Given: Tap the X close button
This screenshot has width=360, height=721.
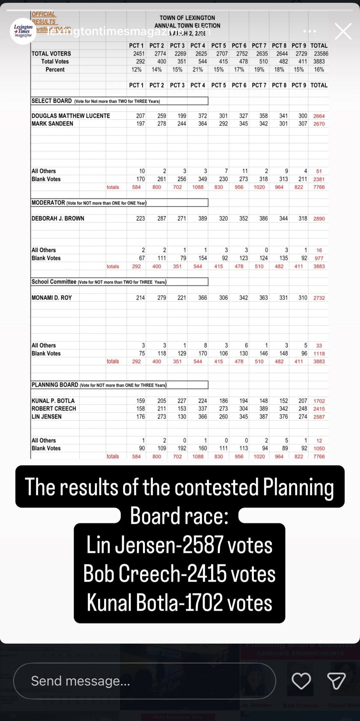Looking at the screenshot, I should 343,31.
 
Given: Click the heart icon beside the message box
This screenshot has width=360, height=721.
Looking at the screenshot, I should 301,681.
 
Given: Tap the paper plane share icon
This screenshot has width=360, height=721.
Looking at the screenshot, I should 336,681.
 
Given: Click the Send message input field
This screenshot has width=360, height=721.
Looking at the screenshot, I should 144,681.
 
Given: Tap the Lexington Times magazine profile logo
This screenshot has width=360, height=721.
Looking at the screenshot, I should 23,31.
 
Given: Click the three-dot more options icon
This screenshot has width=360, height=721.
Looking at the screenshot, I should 310,31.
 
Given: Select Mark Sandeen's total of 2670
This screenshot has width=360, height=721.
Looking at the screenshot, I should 319,124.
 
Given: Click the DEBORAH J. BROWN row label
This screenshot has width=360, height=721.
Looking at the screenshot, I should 58,218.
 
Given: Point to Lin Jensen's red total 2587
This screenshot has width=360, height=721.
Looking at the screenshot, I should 319,417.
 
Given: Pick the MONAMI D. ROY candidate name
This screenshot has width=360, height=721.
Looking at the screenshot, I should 52,298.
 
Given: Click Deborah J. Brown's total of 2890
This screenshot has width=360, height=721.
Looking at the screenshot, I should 319,219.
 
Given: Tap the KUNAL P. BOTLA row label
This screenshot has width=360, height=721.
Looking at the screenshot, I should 53,401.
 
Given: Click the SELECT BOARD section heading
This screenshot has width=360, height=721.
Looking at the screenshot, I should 52,101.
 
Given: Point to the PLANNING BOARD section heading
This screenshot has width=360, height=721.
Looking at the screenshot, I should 55,385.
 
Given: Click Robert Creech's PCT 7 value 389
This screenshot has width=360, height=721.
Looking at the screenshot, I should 263,409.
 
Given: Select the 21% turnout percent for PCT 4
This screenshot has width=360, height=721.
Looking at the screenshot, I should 198,70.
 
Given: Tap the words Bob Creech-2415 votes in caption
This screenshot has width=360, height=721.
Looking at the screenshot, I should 179,574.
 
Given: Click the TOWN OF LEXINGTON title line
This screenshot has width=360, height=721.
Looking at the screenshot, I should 187,18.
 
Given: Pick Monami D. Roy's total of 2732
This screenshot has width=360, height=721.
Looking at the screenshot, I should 319,298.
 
